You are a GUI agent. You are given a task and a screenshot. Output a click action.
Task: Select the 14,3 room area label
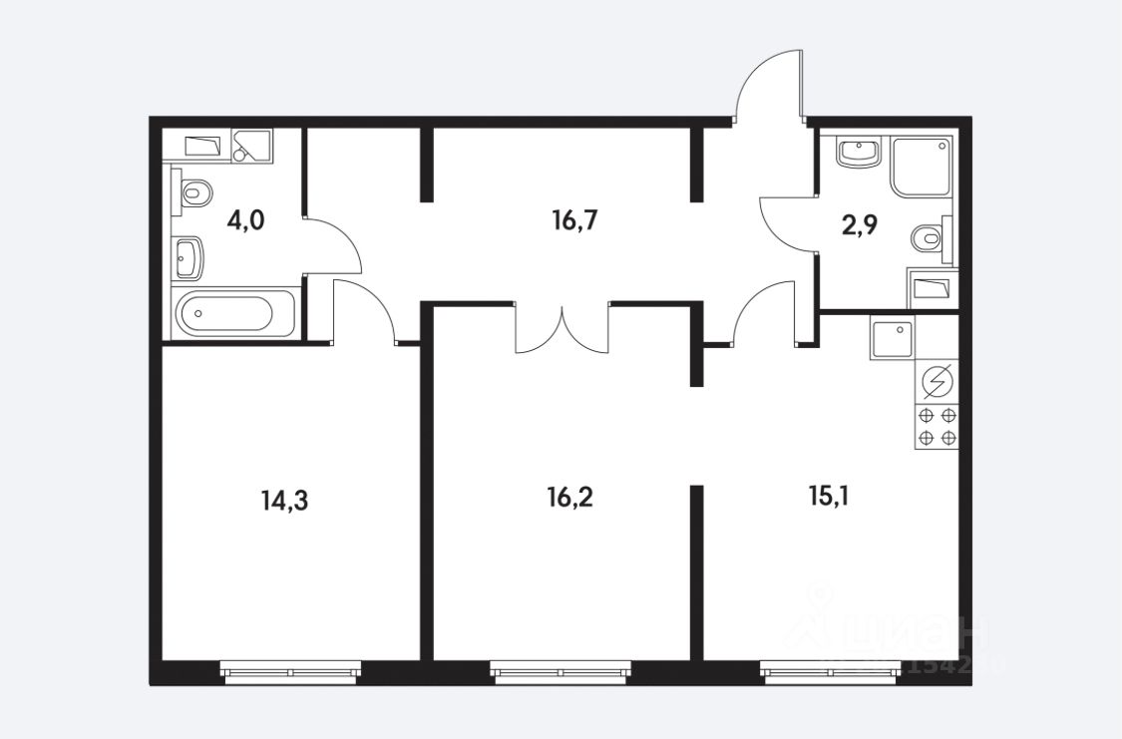coord(284,500)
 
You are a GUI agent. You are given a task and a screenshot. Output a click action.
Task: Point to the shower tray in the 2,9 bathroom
coord(921,166)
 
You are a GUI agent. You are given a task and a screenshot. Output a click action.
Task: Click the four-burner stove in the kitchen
coord(936,427)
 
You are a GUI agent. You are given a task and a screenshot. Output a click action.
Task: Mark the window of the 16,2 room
coord(561,673)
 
